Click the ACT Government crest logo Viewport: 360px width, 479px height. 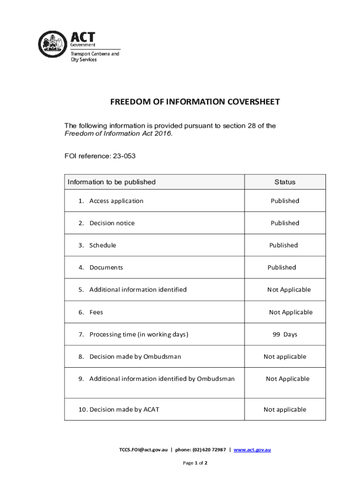tap(52, 44)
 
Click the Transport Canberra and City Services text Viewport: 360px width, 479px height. tap(94, 57)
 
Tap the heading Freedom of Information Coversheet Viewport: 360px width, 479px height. tap(195, 102)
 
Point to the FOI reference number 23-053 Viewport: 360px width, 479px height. tap(123, 156)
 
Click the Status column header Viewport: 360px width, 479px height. tap(285, 182)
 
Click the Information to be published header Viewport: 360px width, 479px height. tap(112, 182)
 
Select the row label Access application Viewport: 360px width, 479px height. tap(116, 201)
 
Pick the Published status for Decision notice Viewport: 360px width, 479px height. tap(285, 223)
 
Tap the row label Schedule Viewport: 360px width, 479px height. tap(102, 245)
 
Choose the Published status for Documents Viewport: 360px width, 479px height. tap(281, 268)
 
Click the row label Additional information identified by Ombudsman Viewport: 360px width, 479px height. tap(161, 379)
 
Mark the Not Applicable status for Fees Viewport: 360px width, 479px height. tap(290, 312)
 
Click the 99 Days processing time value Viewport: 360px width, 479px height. tap(285, 334)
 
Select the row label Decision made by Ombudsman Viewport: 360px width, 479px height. tap(135, 356)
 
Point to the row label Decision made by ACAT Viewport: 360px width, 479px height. tap(124, 409)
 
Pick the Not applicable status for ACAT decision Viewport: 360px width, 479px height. tap(285, 409)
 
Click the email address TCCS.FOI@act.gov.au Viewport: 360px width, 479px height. tap(143, 450)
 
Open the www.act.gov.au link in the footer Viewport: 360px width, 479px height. tap(252, 450)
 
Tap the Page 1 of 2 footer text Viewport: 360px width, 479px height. tap(194, 463)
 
